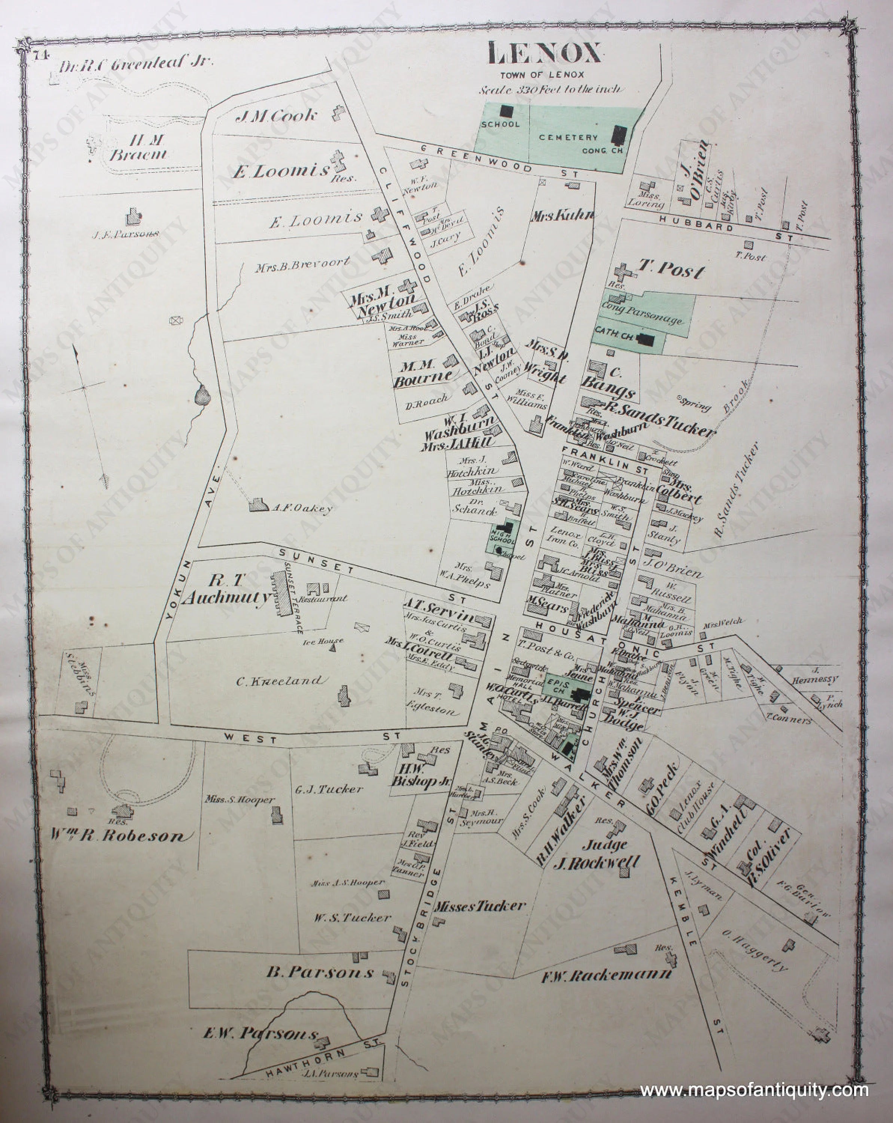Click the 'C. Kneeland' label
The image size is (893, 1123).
click(x=282, y=680)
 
